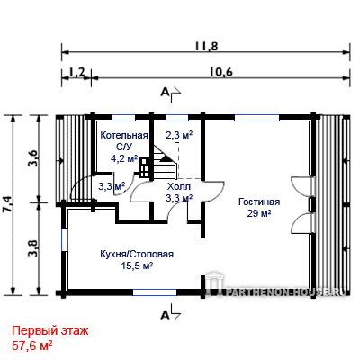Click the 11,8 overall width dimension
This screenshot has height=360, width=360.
[206, 47]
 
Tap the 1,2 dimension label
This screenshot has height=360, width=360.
[77, 72]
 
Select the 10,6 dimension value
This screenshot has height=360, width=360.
[221, 72]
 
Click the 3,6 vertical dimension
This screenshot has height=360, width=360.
[33, 158]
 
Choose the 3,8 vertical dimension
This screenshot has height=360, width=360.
[33, 248]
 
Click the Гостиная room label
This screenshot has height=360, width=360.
[259, 202]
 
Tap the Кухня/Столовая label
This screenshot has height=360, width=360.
[137, 255]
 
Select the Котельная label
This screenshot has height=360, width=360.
[124, 136]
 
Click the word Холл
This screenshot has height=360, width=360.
[179, 187]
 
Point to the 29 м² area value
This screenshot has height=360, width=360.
[259, 213]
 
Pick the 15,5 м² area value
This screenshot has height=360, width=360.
[137, 265]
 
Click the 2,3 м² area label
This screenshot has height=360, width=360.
[179, 135]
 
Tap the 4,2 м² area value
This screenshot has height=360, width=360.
[124, 158]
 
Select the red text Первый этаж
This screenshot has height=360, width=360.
[50, 331]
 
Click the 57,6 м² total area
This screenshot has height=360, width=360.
[32, 346]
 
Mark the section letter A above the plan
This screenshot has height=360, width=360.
[165, 93]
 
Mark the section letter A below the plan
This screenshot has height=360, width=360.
[165, 315]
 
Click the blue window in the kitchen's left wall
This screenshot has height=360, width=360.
[65, 240]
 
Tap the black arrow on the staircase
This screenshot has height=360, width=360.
[165, 158]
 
